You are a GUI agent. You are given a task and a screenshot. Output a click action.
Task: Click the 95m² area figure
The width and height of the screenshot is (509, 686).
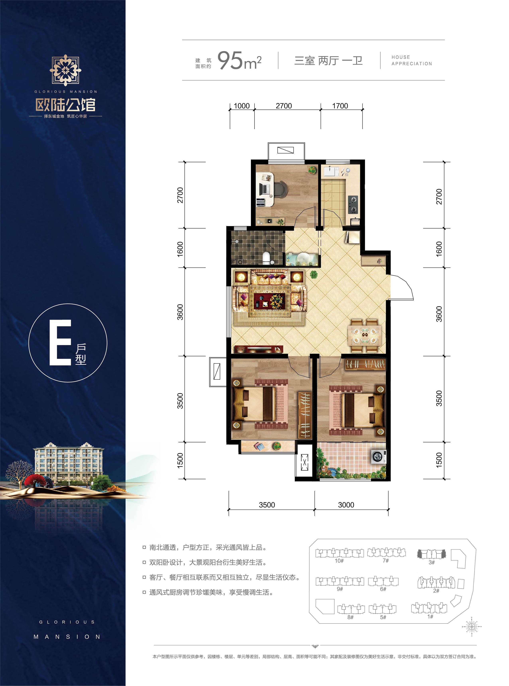click(239, 61)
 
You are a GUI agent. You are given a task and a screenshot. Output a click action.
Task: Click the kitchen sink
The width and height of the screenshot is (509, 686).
click(331, 171)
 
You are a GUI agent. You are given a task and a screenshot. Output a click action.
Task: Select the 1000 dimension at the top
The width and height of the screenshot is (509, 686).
click(242, 106)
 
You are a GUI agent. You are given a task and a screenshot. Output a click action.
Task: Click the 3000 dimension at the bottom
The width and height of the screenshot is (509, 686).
click(346, 505)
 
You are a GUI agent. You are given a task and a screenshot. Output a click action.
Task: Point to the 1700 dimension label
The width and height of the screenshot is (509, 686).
click(340, 106)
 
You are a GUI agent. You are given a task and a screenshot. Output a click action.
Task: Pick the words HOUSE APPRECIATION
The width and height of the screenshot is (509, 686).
click(411, 60)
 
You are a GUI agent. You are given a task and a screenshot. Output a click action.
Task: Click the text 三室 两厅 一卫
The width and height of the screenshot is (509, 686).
click(328, 61)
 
